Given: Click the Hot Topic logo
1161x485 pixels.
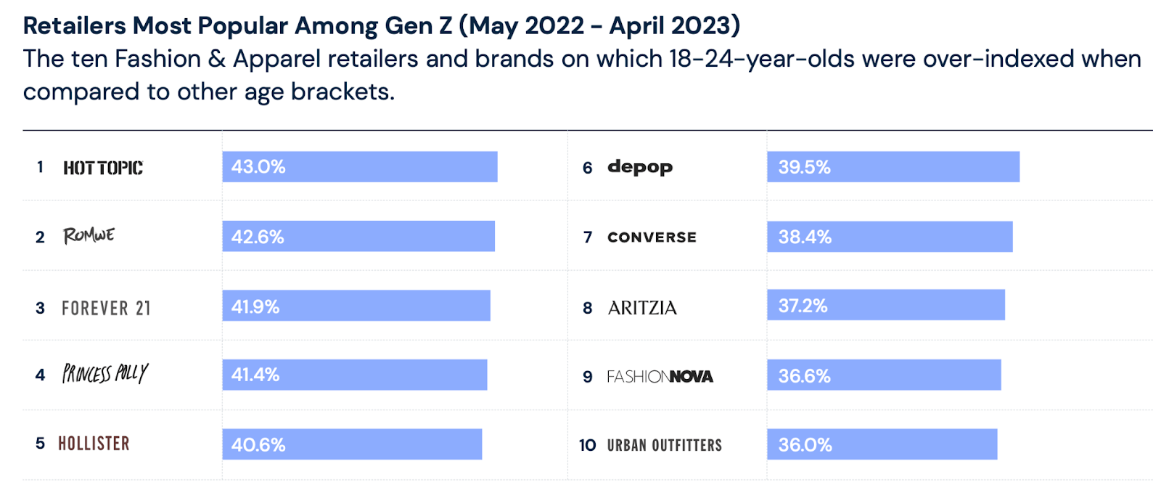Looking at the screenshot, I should coord(102,168).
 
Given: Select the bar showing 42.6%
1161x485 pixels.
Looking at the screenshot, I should coord(358,237).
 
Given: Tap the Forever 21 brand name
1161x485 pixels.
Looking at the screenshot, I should coord(106,309).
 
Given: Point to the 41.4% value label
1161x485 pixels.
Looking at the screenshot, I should coord(255,375).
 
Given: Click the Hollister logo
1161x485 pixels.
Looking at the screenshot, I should coord(94,444).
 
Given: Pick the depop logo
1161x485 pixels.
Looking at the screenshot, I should coord(639,167).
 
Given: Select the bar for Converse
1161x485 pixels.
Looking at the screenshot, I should coord(890,237).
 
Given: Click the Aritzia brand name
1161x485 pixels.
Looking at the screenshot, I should coord(642,308).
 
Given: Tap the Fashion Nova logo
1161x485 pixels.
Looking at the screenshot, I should coord(660,376).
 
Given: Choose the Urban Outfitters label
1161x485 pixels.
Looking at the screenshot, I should coord(664,445).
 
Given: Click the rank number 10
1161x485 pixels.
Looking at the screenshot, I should coord(587,445).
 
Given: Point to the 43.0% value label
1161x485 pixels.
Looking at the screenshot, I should coord(258,167).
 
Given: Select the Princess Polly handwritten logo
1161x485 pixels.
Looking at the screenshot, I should coord(104,373).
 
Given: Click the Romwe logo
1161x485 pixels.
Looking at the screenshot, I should coord(89,235).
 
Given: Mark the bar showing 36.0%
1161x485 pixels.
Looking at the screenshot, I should coord(882,444).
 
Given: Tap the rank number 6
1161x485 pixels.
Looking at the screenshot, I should coord(587,168).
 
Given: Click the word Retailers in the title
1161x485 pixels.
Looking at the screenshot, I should coord(74,25).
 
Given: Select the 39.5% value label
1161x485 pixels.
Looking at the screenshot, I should coord(804,167).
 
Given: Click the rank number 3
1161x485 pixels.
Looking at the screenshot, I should coord(40,309).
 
